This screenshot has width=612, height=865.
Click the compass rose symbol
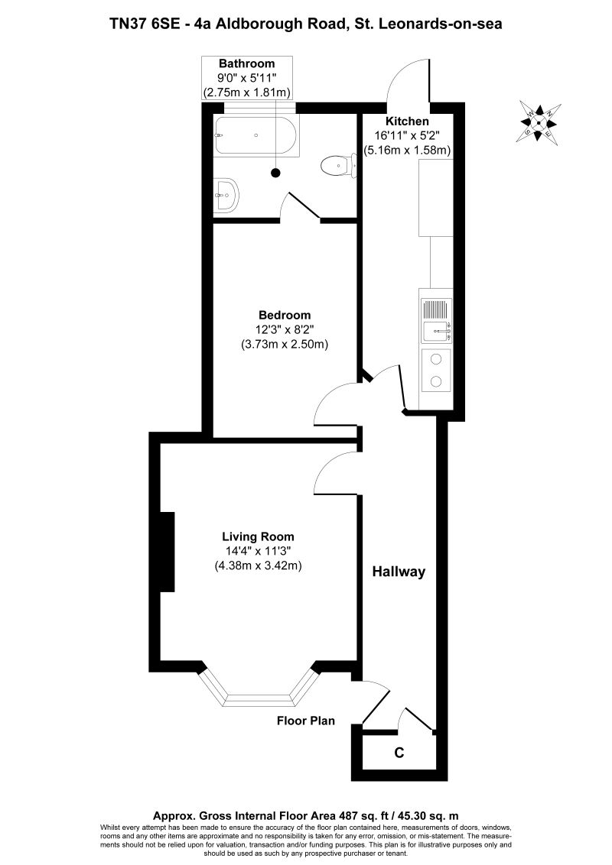point(540,121)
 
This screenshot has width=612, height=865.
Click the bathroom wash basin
point(226,195)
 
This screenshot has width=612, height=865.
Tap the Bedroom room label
point(285,315)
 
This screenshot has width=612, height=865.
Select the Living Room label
point(258,536)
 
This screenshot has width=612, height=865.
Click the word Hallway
point(399,572)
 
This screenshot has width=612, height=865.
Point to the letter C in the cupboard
point(399,753)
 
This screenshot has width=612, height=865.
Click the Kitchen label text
point(407,121)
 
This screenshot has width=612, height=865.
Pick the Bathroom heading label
point(246,63)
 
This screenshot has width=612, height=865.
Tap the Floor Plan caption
point(306,721)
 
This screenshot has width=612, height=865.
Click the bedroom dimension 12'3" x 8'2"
point(285,329)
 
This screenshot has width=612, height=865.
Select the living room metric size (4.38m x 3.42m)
point(258,566)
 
